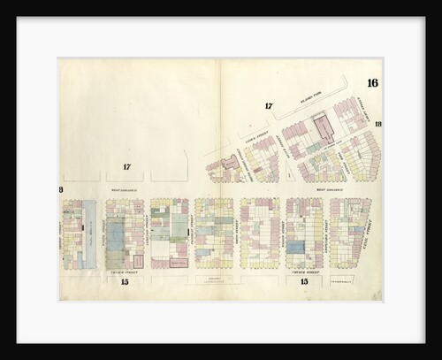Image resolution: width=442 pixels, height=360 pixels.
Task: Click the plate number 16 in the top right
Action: pos(372,83)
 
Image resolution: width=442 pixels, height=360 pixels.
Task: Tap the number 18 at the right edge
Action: pos(377,124)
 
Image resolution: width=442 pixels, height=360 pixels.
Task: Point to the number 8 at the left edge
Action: pos(61,190)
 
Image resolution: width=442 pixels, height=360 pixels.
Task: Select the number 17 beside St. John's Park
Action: pos(269,107)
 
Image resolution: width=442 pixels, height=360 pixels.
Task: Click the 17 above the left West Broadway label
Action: pos(127,167)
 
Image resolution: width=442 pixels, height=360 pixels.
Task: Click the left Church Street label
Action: pos(126,273)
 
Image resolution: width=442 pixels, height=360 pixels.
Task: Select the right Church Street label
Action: pos(306,273)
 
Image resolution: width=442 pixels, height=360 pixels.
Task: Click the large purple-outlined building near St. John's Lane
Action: pos(324,129)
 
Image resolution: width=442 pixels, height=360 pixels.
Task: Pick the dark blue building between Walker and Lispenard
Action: pos(296,248)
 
